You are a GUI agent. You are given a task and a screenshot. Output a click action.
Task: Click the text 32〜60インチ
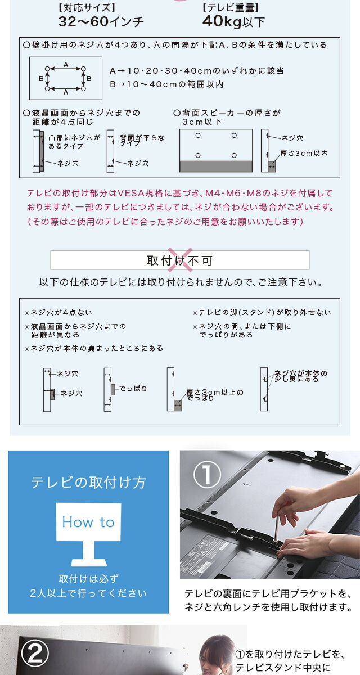coord(101,22)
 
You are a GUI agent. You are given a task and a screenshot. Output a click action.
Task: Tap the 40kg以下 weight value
coord(233,21)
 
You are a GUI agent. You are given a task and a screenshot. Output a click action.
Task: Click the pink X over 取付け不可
coord(180,260)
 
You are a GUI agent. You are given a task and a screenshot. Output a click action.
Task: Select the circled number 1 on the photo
coord(207,475)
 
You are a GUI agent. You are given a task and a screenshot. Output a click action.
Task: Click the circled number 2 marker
coord(35,653)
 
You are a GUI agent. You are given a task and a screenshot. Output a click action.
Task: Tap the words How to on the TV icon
coord(88,522)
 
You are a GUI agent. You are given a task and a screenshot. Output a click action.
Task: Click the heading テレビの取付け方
coord(88,483)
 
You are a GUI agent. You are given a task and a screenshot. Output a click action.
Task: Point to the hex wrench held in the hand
coord(277,526)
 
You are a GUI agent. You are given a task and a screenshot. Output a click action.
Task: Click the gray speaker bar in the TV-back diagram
coord(216,166)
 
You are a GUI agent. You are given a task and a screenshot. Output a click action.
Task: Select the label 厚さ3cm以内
coord(304,154)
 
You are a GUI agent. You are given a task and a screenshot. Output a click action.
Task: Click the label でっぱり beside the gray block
coord(133,389)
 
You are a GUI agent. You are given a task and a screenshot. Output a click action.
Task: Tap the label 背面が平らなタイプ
coord(142,140)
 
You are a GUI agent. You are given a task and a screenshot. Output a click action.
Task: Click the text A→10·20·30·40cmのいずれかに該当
coord(197,71)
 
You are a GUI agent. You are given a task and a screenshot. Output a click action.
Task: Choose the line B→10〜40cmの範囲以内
coord(166,84)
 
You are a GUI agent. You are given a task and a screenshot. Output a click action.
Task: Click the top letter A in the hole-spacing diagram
coord(66,64)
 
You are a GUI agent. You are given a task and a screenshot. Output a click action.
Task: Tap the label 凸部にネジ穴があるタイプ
coord(74,142)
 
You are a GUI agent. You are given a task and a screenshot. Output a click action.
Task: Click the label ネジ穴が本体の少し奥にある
coord(300,376)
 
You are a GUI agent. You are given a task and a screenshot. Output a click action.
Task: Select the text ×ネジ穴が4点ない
coord(58,313)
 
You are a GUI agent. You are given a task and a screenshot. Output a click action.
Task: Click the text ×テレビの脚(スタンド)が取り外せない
coord(262,313)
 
